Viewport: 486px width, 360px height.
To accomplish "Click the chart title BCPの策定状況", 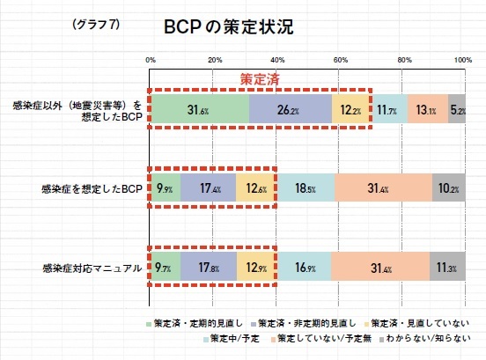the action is (x=228, y=26).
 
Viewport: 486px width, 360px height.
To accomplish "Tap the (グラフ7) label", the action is (x=96, y=24).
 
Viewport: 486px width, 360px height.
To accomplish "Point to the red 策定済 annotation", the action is (x=260, y=79).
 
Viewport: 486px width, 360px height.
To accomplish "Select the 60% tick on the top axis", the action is (x=341, y=60).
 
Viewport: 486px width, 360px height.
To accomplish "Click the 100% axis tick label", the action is (x=463, y=60).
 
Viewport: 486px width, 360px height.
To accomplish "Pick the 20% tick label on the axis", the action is (x=215, y=60).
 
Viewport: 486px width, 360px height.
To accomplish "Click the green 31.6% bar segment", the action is (x=199, y=109).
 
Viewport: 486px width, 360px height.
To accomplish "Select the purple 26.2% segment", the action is (x=291, y=109).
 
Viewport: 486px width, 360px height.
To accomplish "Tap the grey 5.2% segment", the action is (x=457, y=109).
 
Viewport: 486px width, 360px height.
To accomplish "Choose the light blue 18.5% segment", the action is (x=306, y=187).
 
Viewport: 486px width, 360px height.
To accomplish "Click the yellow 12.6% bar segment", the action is (x=255, y=187).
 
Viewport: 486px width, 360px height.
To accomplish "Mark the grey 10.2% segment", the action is (x=449, y=187).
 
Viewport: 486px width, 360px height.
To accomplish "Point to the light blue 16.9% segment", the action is (x=304, y=267).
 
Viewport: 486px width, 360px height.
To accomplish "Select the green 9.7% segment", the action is (x=166, y=267).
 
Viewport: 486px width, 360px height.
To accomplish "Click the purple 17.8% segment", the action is (x=209, y=267).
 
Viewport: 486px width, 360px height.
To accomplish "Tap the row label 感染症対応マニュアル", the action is (x=92, y=268).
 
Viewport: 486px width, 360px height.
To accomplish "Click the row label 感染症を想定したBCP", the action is (x=92, y=188).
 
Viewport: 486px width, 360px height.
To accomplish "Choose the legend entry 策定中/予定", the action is (x=232, y=339).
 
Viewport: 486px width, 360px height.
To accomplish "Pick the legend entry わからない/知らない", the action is (x=425, y=338).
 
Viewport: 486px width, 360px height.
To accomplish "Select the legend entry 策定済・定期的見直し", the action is (x=195, y=323).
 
